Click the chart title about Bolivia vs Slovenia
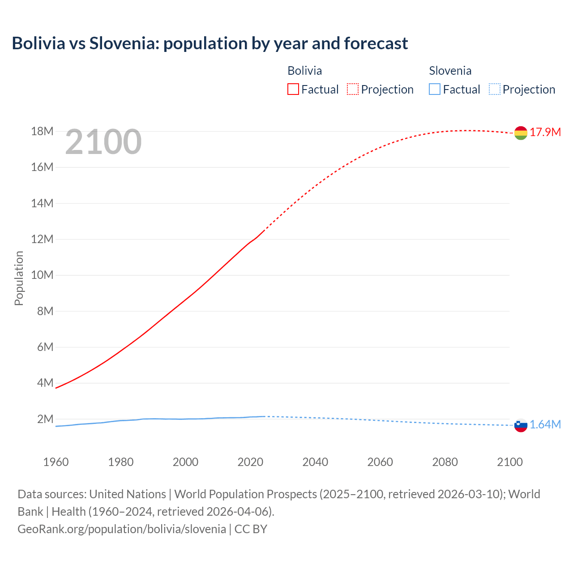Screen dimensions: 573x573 [x=210, y=43]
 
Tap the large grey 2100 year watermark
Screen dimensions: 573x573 [x=103, y=142]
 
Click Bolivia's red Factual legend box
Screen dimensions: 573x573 [x=293, y=89]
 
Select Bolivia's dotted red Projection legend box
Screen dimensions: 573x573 [x=353, y=89]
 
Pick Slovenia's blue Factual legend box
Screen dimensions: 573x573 [x=435, y=89]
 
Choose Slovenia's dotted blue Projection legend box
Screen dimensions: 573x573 [x=495, y=89]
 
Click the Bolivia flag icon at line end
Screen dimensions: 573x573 [x=521, y=133]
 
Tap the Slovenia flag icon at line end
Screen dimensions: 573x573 [x=521, y=425]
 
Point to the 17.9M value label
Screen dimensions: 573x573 [x=545, y=132]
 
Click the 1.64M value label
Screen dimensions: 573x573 [x=545, y=424]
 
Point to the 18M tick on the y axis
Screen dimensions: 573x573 [x=42, y=131]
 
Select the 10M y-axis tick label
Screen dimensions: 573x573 [x=42, y=275]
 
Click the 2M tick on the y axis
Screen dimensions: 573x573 [x=45, y=419]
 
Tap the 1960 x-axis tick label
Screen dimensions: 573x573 [x=56, y=462]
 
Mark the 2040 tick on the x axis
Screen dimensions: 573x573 [x=315, y=462]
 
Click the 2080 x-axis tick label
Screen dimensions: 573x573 [x=445, y=462]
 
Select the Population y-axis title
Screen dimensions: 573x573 [x=19, y=278]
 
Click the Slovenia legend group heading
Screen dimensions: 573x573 [x=450, y=71]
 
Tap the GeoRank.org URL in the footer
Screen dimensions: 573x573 [x=122, y=529]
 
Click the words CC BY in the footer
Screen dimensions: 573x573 [x=251, y=529]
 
